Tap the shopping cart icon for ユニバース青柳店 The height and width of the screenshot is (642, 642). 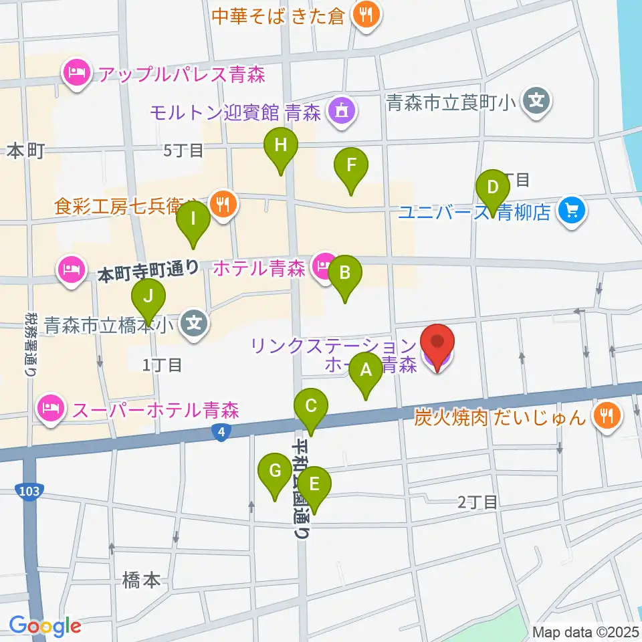click(572, 212)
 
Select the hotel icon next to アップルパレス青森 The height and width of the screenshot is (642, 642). click(77, 73)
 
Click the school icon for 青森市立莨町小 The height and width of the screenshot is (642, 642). click(536, 102)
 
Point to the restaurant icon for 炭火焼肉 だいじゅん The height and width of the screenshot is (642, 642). click(607, 418)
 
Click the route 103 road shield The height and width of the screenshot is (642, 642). click(28, 492)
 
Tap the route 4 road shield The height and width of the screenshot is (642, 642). click(221, 433)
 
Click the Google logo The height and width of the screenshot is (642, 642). click(45, 626)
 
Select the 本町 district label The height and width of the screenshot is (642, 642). click(25, 152)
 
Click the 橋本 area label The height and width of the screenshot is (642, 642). click(142, 580)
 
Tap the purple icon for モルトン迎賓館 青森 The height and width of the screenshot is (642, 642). click(342, 112)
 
